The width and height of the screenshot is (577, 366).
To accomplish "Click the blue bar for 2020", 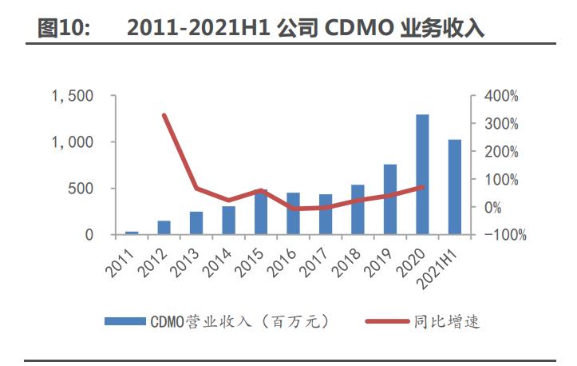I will pos(422,175).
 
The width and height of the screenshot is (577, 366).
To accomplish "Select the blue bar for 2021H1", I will pos(455,188).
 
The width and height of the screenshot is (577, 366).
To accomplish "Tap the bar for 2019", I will pos(389,200).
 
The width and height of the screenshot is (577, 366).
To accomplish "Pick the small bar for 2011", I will pos(132,233).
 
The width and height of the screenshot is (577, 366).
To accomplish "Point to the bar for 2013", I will pos(196,223).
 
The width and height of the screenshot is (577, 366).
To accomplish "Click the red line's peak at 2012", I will pos(164,115).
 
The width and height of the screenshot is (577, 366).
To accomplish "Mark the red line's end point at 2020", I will pos(422,187).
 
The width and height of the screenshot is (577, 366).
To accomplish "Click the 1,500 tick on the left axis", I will pos(73,96).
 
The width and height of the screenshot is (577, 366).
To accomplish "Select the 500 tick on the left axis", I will pos(81,189).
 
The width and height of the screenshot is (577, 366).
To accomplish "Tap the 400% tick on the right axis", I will pos(501,96).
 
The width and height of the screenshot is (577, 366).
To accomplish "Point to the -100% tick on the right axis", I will pos(500,235).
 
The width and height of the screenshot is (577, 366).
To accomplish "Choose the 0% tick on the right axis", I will pos(506,207).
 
